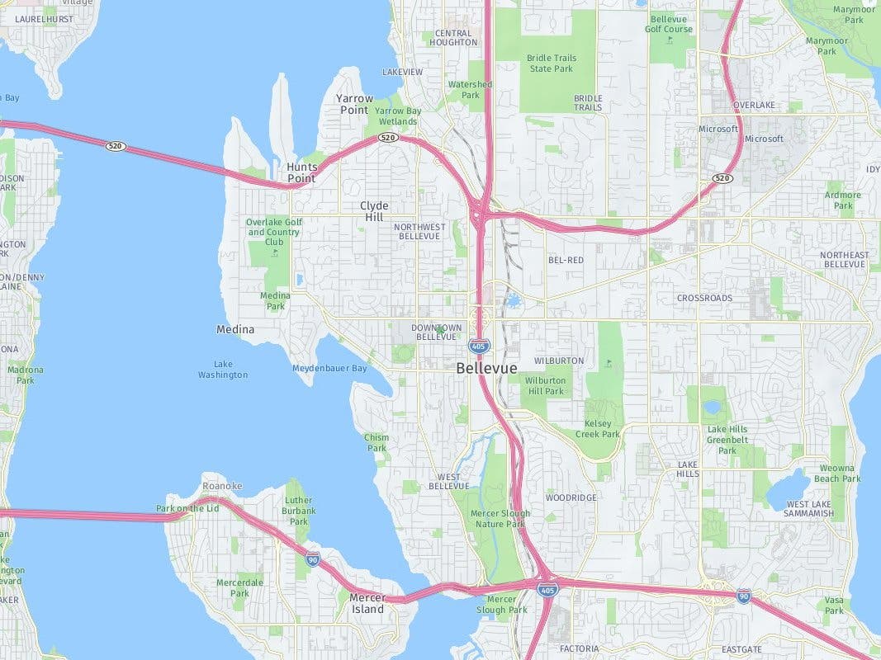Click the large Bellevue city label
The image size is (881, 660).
486,368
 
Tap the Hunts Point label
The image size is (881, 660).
301,172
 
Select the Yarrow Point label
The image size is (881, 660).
354,104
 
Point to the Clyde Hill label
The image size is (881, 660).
374,211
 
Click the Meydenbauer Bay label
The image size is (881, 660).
329,368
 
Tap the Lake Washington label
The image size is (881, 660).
222,369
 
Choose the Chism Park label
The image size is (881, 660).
377,443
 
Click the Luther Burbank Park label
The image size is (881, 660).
298,511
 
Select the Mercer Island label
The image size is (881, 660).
367,603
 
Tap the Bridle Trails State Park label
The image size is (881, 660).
551,63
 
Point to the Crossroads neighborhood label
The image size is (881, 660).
704,298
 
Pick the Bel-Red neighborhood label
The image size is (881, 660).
566,260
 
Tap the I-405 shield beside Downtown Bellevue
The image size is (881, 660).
478,345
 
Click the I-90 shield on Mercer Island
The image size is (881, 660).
312,560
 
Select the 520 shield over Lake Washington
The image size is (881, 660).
116,146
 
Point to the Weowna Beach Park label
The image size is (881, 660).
837,473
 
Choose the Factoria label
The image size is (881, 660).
579,648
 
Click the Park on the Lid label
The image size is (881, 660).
187,508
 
